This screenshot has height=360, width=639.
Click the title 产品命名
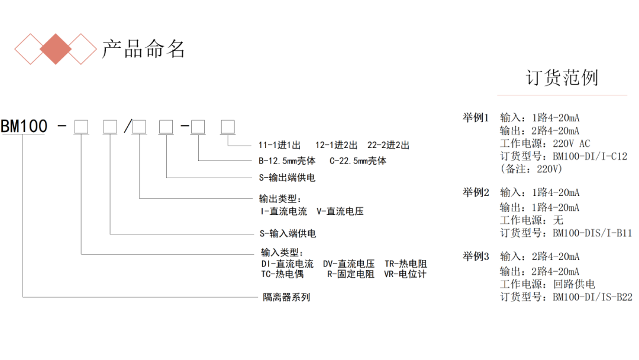144,49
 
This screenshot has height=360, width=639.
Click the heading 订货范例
561,78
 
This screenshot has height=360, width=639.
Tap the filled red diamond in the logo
56,49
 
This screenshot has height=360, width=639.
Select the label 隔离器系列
286,297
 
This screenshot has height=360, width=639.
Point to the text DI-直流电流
288,264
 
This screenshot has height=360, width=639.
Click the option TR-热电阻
405,264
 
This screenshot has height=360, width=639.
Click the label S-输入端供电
288,234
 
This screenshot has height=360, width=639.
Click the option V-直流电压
340,211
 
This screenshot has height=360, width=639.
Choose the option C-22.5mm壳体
357,160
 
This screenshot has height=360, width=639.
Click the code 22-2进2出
388,145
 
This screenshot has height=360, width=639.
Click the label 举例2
476,192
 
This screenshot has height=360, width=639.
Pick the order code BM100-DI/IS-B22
592,298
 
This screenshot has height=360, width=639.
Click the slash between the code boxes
127,126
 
